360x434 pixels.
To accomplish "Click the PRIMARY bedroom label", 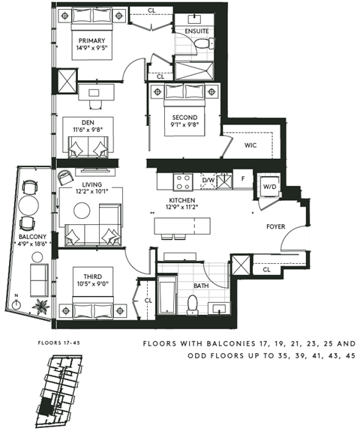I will (x=90, y=40).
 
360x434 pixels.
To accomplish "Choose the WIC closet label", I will (x=252, y=147).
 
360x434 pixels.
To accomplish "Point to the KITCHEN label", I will (x=182, y=201).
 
